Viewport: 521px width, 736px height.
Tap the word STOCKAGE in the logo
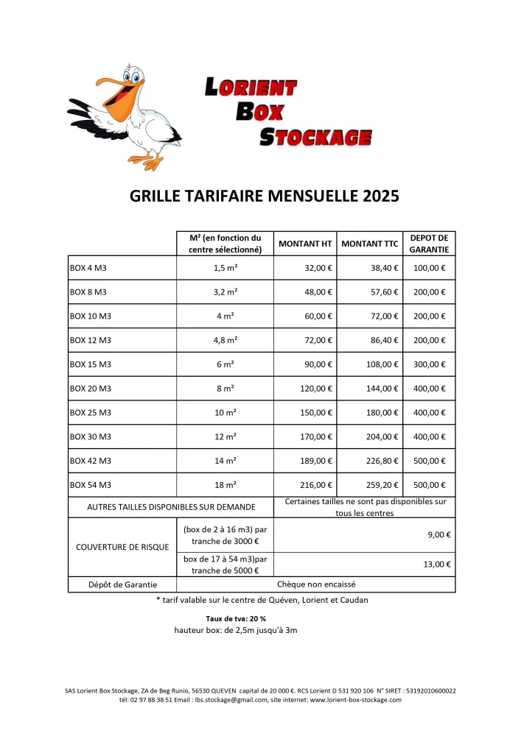click(x=316, y=136)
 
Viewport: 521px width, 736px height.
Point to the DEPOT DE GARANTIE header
click(x=429, y=244)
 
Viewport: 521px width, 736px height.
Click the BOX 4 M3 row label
click(x=88, y=269)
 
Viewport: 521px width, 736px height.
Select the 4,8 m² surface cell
click(x=225, y=341)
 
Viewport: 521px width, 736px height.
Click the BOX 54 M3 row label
click(x=90, y=485)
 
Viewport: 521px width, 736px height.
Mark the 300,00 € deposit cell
click(x=429, y=364)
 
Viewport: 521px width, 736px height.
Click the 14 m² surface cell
click(x=225, y=461)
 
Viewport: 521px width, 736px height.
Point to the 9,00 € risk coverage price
click(x=439, y=535)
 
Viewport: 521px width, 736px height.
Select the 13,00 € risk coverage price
click(x=437, y=565)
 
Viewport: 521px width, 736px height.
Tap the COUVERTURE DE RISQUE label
click(x=122, y=547)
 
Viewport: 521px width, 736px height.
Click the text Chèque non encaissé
click(x=316, y=584)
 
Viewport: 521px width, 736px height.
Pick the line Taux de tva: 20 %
click(x=236, y=618)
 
